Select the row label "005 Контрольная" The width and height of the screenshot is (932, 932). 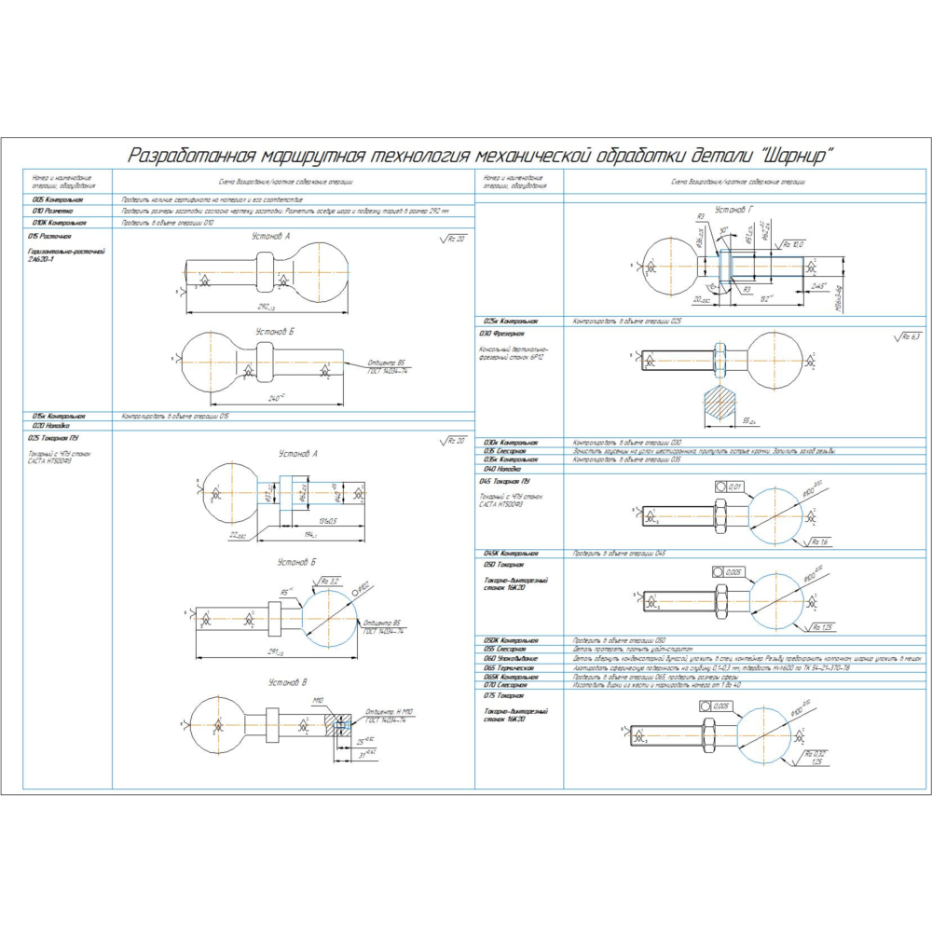coord(58,199)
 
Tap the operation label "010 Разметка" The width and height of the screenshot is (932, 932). coord(52,212)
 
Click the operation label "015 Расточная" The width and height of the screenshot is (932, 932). coord(50,237)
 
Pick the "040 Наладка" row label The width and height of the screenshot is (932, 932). coord(500,469)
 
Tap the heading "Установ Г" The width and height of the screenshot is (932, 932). coord(733,210)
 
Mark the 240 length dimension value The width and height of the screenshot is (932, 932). coord(275,398)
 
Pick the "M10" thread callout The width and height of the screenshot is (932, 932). coord(318,699)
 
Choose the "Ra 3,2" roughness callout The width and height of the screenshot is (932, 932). coord(329,581)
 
